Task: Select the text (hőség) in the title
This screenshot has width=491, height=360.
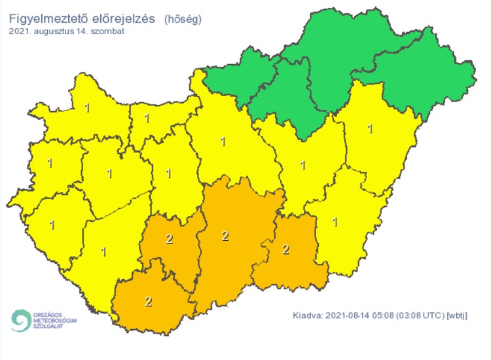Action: pyautogui.click(x=183, y=18)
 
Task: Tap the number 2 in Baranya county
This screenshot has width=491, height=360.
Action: pyautogui.click(x=149, y=302)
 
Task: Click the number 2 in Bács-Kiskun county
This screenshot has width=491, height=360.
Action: pyautogui.click(x=225, y=236)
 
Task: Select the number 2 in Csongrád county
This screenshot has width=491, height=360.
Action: pyautogui.click(x=285, y=249)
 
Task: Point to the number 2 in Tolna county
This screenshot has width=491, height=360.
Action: pyautogui.click(x=170, y=238)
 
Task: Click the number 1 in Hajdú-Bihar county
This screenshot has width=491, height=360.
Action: pyautogui.click(x=371, y=129)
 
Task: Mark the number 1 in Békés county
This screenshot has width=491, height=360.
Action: pyautogui.click(x=335, y=221)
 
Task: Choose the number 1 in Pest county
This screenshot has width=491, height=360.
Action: pyautogui.click(x=223, y=141)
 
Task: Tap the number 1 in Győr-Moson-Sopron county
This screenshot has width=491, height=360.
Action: pyautogui.click(x=87, y=107)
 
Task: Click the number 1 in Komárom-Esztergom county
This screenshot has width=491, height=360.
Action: pyautogui.click(x=147, y=118)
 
